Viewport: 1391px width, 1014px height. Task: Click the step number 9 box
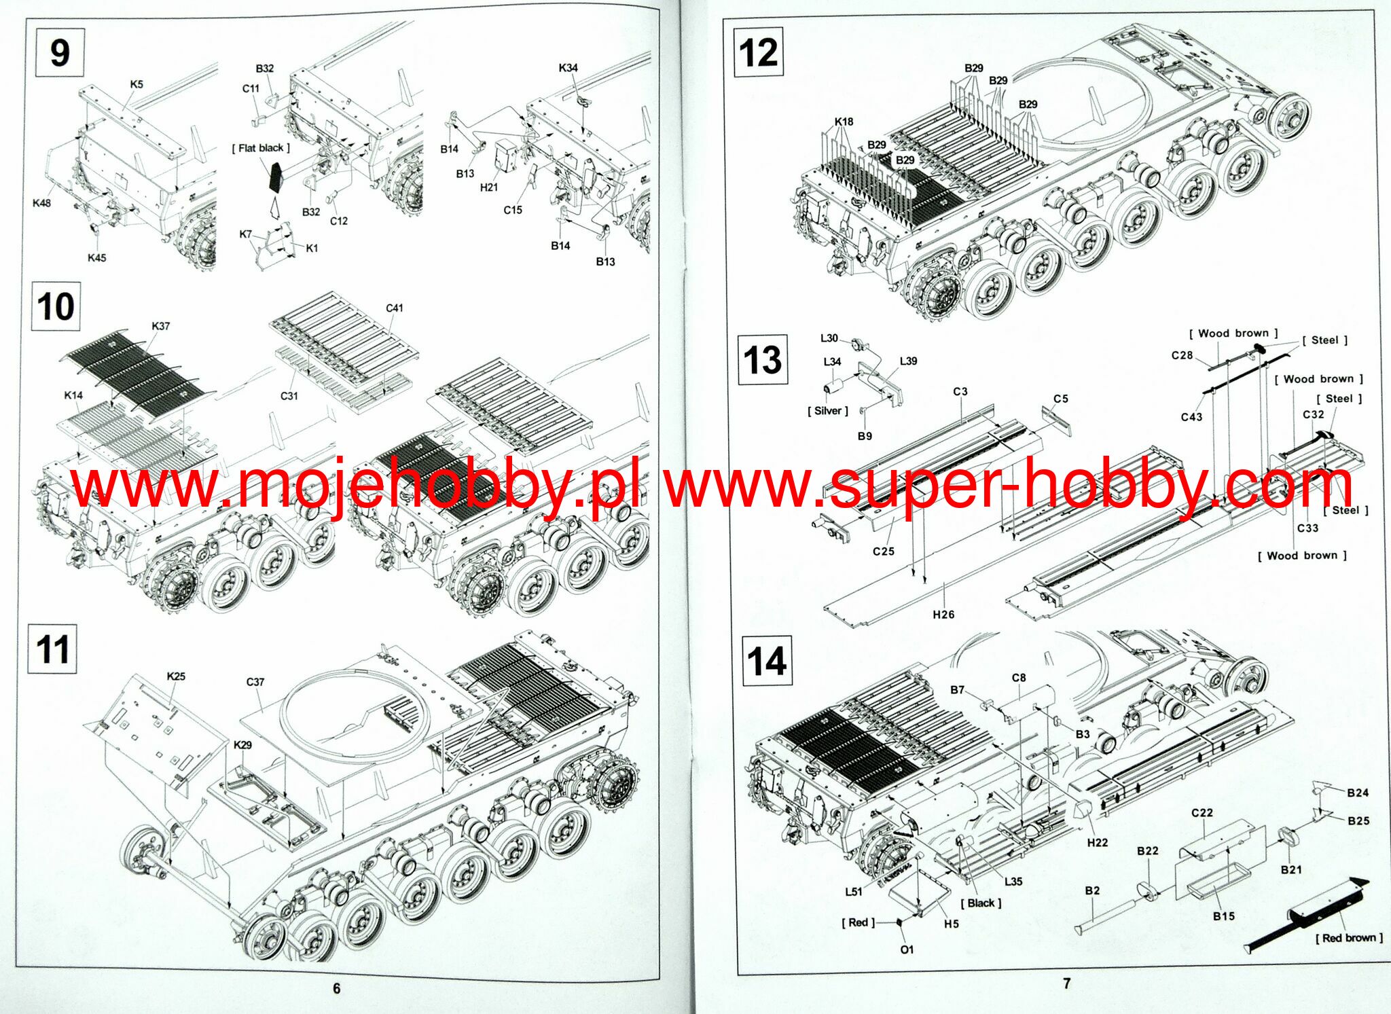coord(59,52)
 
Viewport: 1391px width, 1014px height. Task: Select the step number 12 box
coord(758,52)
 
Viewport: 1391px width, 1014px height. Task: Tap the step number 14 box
coord(766,660)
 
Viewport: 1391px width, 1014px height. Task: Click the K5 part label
coord(137,84)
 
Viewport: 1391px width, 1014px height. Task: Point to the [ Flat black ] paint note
coord(261,148)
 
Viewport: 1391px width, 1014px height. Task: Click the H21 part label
coord(488,187)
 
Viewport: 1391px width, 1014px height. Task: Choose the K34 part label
coord(568,68)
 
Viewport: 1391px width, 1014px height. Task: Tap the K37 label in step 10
coord(160,326)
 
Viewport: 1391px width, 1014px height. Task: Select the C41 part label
coord(394,308)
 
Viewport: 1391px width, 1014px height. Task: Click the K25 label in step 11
coord(176,676)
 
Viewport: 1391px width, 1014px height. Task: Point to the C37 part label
coord(255,682)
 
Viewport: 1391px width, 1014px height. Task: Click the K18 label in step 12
coord(844,122)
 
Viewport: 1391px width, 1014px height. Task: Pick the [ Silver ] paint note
coord(828,411)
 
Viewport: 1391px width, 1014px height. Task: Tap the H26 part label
coord(943,615)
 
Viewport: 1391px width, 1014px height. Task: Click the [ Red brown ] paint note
coord(1349,938)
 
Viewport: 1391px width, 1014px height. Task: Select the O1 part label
coord(907,949)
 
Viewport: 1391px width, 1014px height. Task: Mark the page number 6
coord(337,988)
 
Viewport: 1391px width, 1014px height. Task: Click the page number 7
coord(1066,983)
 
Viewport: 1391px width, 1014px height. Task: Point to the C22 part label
coord(1202,813)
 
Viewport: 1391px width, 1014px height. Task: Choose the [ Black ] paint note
coord(981,903)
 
